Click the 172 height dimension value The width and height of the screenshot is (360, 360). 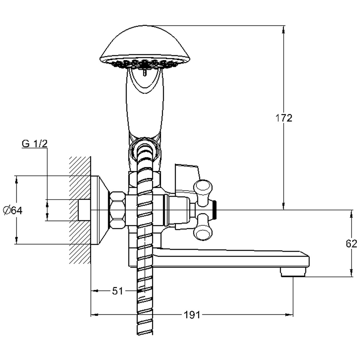[284, 118]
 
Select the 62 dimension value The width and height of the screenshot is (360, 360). [351, 244]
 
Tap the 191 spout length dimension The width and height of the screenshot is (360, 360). [192, 315]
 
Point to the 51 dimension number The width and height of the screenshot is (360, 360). [117, 291]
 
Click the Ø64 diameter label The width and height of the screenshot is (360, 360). [13, 210]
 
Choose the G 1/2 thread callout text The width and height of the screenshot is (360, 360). [35, 143]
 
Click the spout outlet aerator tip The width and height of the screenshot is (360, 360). [293, 273]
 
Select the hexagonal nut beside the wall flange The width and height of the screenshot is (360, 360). [117, 210]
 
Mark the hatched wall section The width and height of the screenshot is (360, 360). [80, 210]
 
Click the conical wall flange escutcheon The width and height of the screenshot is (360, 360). [99, 210]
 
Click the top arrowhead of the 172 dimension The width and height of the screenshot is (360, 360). [284, 29]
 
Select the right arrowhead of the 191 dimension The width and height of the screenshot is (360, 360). [290, 315]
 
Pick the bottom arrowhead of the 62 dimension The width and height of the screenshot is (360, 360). [351, 273]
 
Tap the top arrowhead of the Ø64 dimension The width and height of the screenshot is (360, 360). [16, 180]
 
